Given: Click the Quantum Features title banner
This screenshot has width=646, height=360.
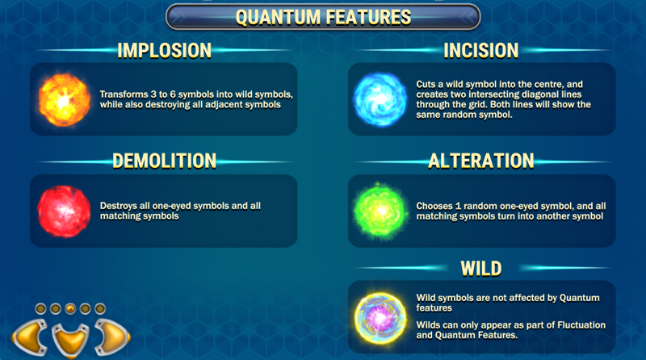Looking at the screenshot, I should click(x=323, y=16).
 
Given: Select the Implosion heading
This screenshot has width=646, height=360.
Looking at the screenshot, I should click(x=164, y=51).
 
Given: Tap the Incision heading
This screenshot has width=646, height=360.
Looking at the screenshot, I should click(x=480, y=51).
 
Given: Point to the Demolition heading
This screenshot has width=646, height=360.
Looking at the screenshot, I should click(x=164, y=161).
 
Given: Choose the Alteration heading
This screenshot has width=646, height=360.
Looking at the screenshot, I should click(x=480, y=161).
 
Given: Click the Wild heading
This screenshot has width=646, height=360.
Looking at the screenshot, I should click(x=480, y=267).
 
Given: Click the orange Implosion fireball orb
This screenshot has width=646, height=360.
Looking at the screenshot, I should click(x=63, y=99).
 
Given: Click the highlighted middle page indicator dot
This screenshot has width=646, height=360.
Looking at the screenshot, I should click(x=69, y=308).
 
